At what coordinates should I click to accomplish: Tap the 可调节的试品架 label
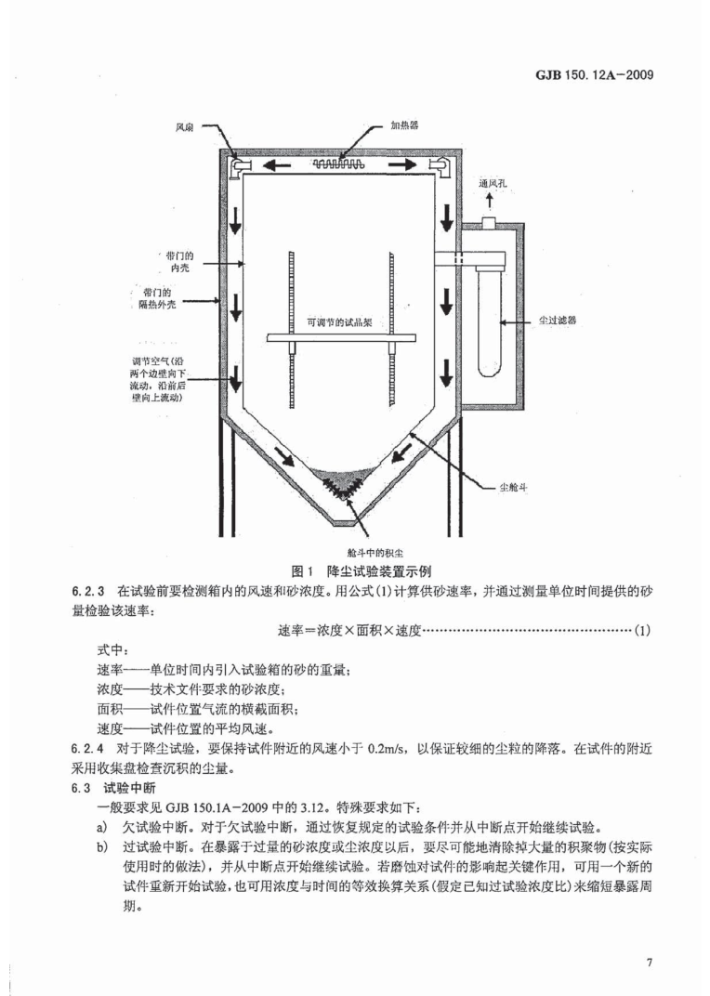click(x=339, y=322)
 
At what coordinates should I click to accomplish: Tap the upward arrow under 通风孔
click(x=490, y=203)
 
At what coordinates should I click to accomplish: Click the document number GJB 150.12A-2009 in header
click(x=589, y=74)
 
